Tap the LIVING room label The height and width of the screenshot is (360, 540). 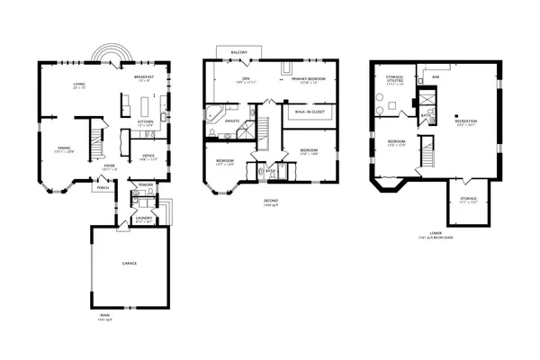[x=79, y=86]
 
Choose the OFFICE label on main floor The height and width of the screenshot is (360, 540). [x=148, y=156]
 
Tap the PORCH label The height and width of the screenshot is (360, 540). [x=103, y=188]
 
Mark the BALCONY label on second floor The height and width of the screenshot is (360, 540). [x=239, y=52]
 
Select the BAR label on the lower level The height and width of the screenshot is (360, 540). [x=435, y=77]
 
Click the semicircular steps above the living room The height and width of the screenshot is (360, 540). [x=110, y=56]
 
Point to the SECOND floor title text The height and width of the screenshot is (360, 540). [x=270, y=200]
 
